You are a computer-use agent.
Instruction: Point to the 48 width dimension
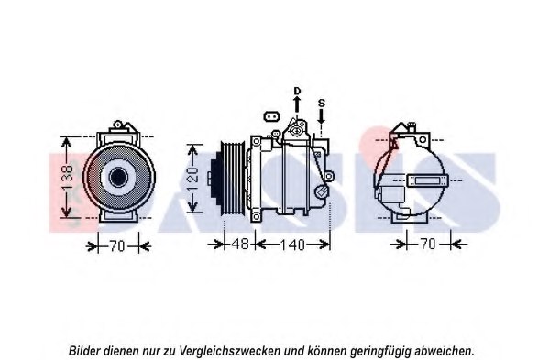236,245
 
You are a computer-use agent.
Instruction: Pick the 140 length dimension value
291,245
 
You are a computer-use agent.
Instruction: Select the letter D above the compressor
297,90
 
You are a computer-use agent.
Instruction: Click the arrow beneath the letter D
297,105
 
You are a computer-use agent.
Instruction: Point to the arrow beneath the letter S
321,117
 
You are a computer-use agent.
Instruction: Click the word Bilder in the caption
87,350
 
